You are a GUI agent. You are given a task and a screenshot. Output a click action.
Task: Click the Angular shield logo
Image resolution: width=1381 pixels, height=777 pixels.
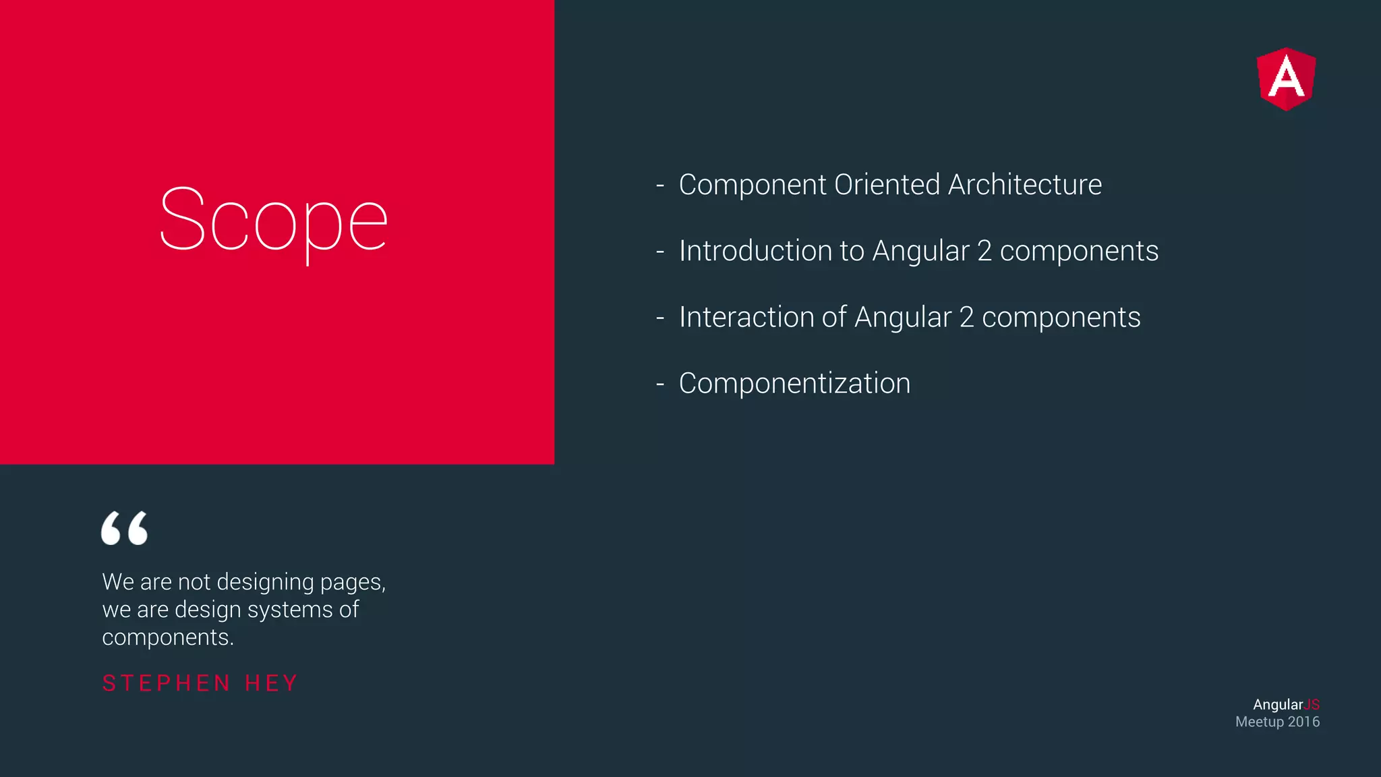(1286, 79)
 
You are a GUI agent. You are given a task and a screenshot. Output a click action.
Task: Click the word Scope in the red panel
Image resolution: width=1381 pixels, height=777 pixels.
(273, 220)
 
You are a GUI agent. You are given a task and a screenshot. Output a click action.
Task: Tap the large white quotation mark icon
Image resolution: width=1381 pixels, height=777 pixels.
(124, 527)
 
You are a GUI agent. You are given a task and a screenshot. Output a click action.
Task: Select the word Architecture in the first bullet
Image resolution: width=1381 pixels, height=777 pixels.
(1024, 185)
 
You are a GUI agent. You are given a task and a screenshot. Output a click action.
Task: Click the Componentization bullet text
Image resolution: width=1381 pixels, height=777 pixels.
(794, 383)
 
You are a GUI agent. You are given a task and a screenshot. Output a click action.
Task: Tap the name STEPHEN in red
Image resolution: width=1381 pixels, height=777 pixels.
(167, 683)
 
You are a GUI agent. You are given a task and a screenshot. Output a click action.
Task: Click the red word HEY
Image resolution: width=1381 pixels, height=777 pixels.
(271, 683)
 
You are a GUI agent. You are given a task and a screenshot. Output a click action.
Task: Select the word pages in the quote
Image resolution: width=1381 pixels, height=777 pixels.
(352, 582)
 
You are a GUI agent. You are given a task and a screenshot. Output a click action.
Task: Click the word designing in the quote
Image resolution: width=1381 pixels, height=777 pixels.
(265, 582)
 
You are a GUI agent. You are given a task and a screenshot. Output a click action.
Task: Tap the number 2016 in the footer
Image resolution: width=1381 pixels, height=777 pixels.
(1303, 722)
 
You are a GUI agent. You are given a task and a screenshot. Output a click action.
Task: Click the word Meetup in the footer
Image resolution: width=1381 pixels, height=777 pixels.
(1259, 722)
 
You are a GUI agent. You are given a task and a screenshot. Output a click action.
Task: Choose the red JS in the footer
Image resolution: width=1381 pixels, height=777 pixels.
(1312, 704)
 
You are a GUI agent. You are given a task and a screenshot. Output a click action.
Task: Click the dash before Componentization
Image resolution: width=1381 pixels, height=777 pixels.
(660, 384)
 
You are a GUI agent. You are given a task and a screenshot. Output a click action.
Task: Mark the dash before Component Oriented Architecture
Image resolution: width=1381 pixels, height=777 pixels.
(660, 185)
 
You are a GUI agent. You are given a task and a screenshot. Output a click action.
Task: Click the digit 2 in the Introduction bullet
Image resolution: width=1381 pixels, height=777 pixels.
(984, 251)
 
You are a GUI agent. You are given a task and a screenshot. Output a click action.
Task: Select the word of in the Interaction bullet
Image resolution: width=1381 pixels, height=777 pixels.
(833, 317)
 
